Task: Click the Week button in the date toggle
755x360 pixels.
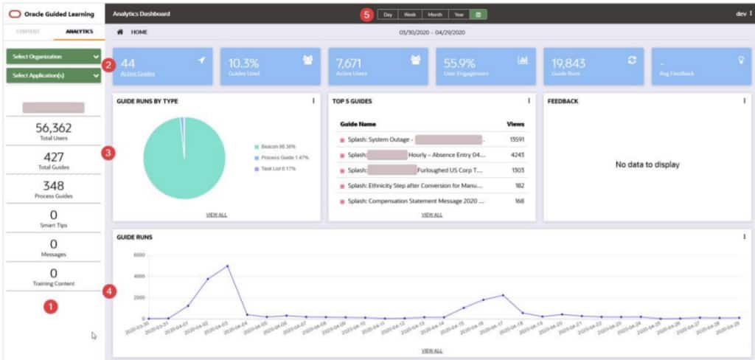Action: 410,14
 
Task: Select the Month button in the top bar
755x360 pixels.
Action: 435,14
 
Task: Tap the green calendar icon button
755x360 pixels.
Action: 479,14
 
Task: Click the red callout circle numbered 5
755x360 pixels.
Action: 366,15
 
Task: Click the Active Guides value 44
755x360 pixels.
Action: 128,63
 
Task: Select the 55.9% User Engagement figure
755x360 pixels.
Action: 459,63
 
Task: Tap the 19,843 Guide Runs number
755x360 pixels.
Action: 568,63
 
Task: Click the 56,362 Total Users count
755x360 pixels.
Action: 53,128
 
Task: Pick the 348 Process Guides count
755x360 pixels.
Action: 53,186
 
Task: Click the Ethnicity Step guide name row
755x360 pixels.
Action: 416,186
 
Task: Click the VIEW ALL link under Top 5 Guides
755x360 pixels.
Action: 432,215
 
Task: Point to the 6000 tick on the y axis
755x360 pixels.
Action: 139,255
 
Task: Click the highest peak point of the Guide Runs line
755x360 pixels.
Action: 228,266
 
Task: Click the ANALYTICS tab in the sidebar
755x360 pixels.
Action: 78,32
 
